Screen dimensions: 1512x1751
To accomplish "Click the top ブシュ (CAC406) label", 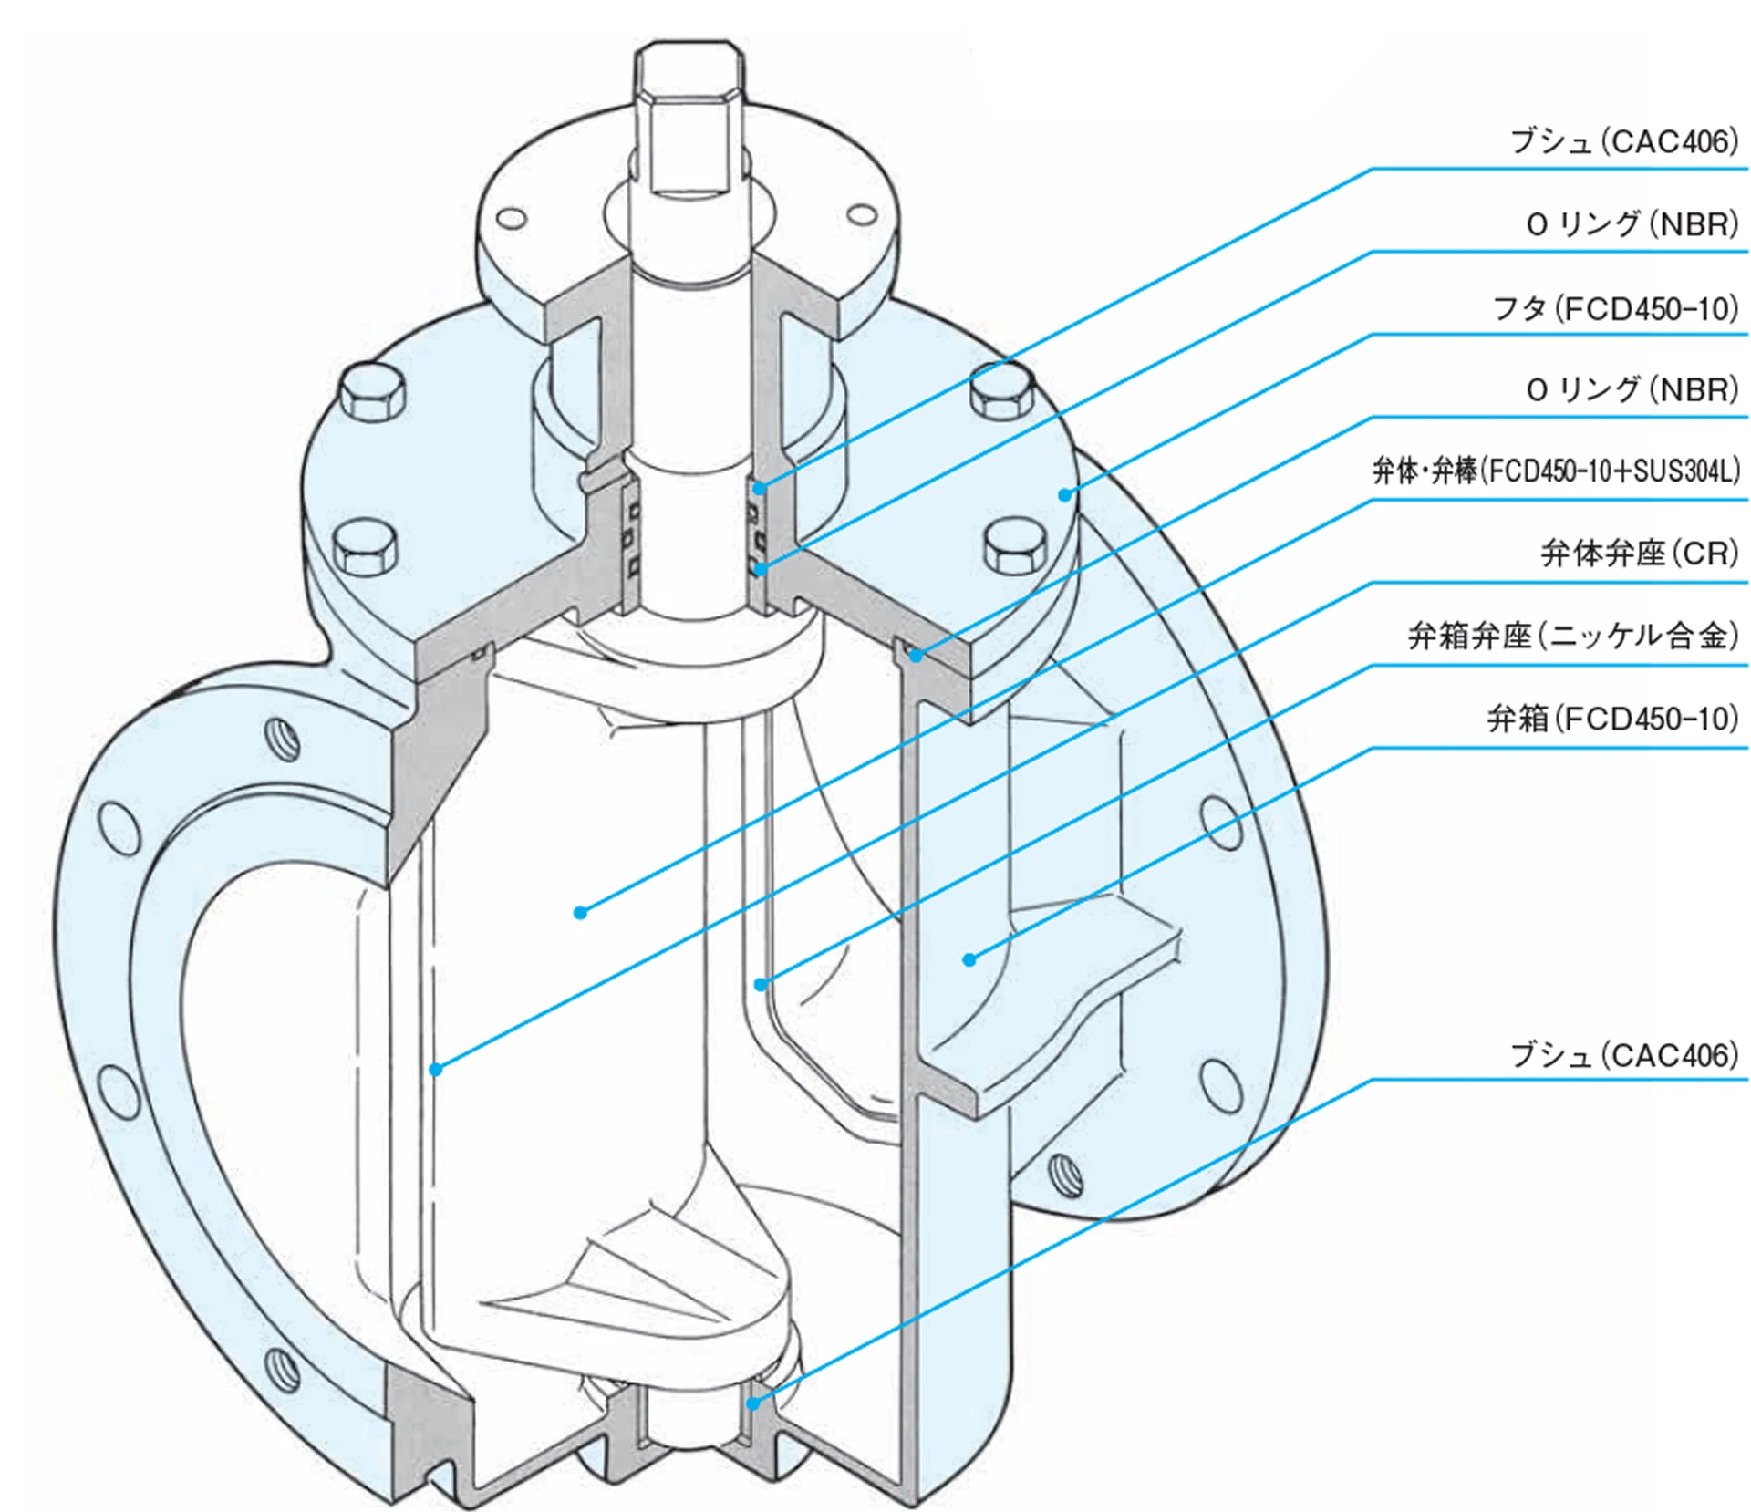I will pos(1624,142).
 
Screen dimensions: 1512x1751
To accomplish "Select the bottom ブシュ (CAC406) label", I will pos(1624,1055).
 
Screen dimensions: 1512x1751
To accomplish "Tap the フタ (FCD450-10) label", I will pos(1615,309).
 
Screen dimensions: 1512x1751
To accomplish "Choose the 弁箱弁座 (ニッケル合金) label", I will pos(1573,636).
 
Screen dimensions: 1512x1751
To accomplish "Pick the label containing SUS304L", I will pos(1556,471).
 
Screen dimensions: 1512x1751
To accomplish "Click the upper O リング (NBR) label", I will pos(1632,224).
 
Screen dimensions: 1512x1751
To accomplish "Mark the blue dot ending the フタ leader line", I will pos(1064,494).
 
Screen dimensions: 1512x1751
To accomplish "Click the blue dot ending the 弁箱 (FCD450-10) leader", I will pos(969,959).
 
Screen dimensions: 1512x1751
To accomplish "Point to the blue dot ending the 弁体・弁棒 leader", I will pos(580,912).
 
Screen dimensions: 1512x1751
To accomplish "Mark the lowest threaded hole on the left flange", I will pos(282,1367).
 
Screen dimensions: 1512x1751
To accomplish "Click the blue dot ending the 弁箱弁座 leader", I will pos(761,985).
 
